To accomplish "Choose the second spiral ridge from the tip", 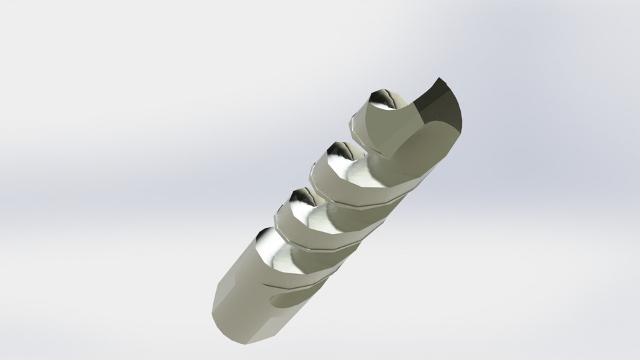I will pos(360,180).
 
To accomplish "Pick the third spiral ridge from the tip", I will pos(320,223).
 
